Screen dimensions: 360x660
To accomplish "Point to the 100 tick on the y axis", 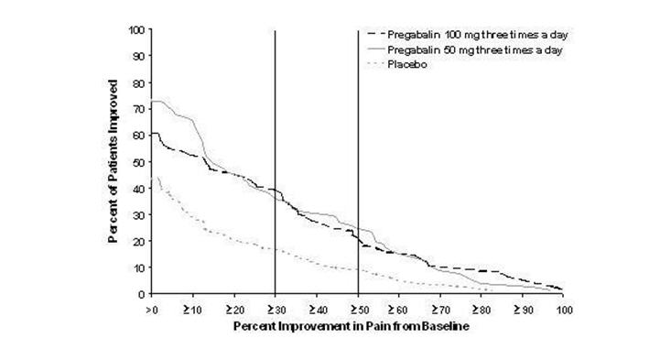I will pyautogui.click(x=137, y=29).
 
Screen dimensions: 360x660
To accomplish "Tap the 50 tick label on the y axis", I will pyautogui.click(x=140, y=162).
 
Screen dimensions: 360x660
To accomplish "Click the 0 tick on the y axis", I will pyautogui.click(x=143, y=294).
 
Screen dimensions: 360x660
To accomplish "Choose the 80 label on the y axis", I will pyautogui.click(x=140, y=82).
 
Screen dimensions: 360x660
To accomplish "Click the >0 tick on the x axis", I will pyautogui.click(x=152, y=309).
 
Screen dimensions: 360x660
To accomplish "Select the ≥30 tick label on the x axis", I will pyautogui.click(x=275, y=309).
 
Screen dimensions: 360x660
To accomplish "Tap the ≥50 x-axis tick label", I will pyautogui.click(x=357, y=309).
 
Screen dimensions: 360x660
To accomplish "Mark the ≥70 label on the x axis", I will pyautogui.click(x=440, y=309).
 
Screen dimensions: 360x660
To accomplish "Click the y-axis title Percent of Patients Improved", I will pyautogui.click(x=113, y=161).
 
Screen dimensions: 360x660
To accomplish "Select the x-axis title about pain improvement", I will pyautogui.click(x=357, y=325).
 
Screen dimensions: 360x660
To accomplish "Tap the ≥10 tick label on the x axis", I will pyautogui.click(x=193, y=309).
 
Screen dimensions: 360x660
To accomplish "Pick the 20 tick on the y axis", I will pyautogui.click(x=140, y=241).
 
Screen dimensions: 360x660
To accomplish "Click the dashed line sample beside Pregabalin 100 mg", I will pyautogui.click(x=370, y=34).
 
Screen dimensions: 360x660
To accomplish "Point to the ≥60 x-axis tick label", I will pyautogui.click(x=399, y=309).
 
